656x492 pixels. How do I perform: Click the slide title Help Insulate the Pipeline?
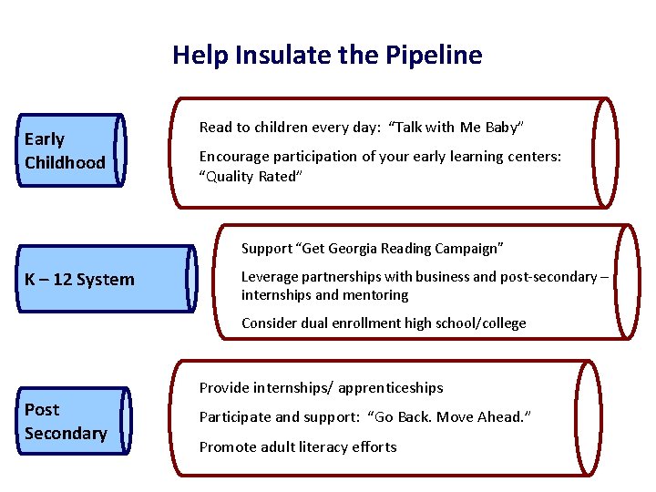327,56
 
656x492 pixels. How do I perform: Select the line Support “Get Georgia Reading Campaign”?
372,249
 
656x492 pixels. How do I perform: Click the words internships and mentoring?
324,295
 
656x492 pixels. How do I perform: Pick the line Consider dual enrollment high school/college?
383,323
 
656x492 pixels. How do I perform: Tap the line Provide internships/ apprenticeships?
321,388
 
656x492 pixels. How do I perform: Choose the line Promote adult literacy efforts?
298,446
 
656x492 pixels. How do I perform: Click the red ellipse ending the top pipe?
604,153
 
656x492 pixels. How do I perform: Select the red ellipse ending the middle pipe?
627,282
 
